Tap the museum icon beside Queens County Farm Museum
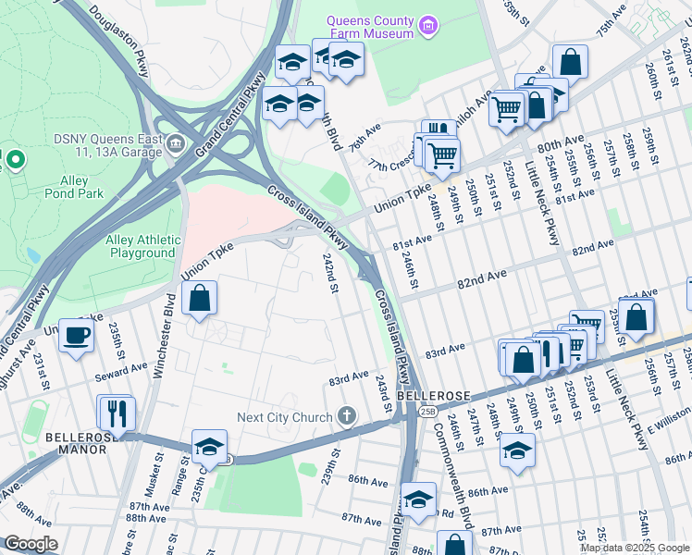click(x=427, y=25)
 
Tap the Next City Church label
click(x=284, y=417)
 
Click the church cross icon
click(x=347, y=417)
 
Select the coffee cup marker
click(x=76, y=336)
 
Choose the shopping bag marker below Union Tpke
click(x=200, y=299)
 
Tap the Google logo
click(x=30, y=544)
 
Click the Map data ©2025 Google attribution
click(x=635, y=548)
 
